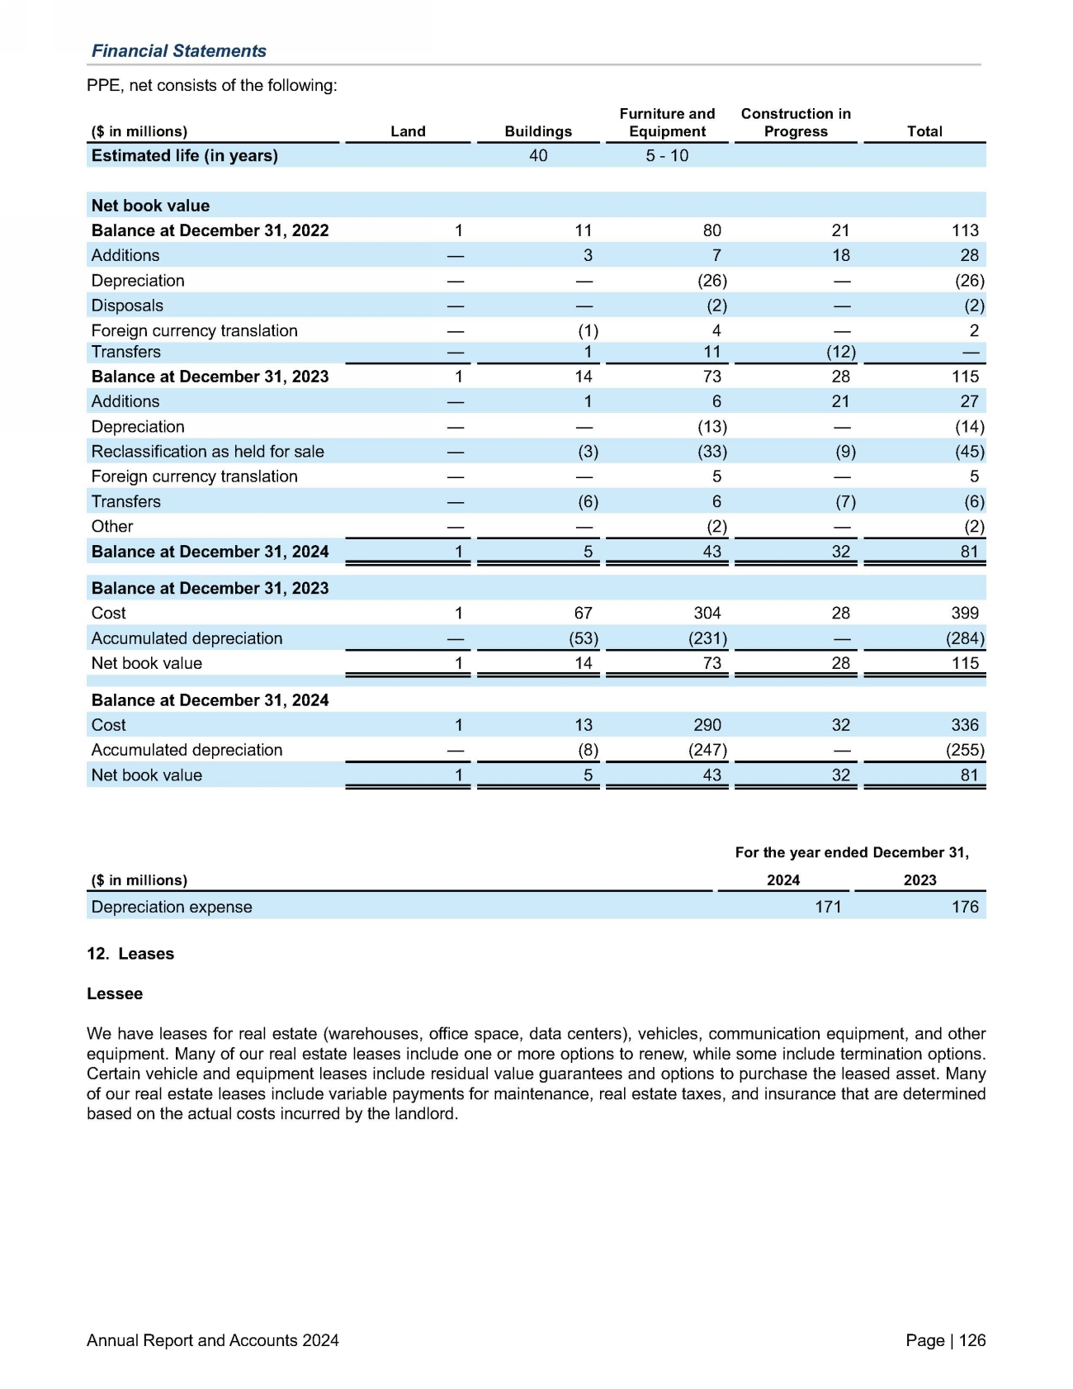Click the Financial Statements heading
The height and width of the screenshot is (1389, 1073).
(178, 51)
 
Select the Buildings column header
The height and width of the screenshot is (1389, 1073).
(538, 131)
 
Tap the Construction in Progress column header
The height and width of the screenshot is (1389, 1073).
(796, 122)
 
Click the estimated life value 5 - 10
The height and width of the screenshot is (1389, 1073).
(667, 156)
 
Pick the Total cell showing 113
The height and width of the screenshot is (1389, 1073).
(965, 230)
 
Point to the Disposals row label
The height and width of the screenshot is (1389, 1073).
(127, 306)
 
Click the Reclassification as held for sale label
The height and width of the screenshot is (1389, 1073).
(207, 452)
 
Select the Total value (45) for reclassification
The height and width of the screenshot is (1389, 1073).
(969, 452)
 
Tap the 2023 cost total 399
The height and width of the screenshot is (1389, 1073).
(965, 613)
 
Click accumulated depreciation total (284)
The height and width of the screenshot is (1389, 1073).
(965, 638)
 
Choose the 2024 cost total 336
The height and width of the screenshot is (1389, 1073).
(965, 725)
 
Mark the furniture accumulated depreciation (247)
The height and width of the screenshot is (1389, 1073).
(708, 750)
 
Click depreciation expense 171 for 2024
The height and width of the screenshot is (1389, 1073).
(828, 907)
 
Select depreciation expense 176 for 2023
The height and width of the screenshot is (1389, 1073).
(965, 907)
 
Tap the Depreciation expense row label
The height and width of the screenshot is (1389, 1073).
(172, 907)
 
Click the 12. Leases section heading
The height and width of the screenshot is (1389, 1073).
(130, 954)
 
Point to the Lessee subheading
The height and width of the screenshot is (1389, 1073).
(115, 993)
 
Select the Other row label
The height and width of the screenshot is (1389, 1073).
(112, 527)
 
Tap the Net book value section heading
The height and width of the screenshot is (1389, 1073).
(150, 206)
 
